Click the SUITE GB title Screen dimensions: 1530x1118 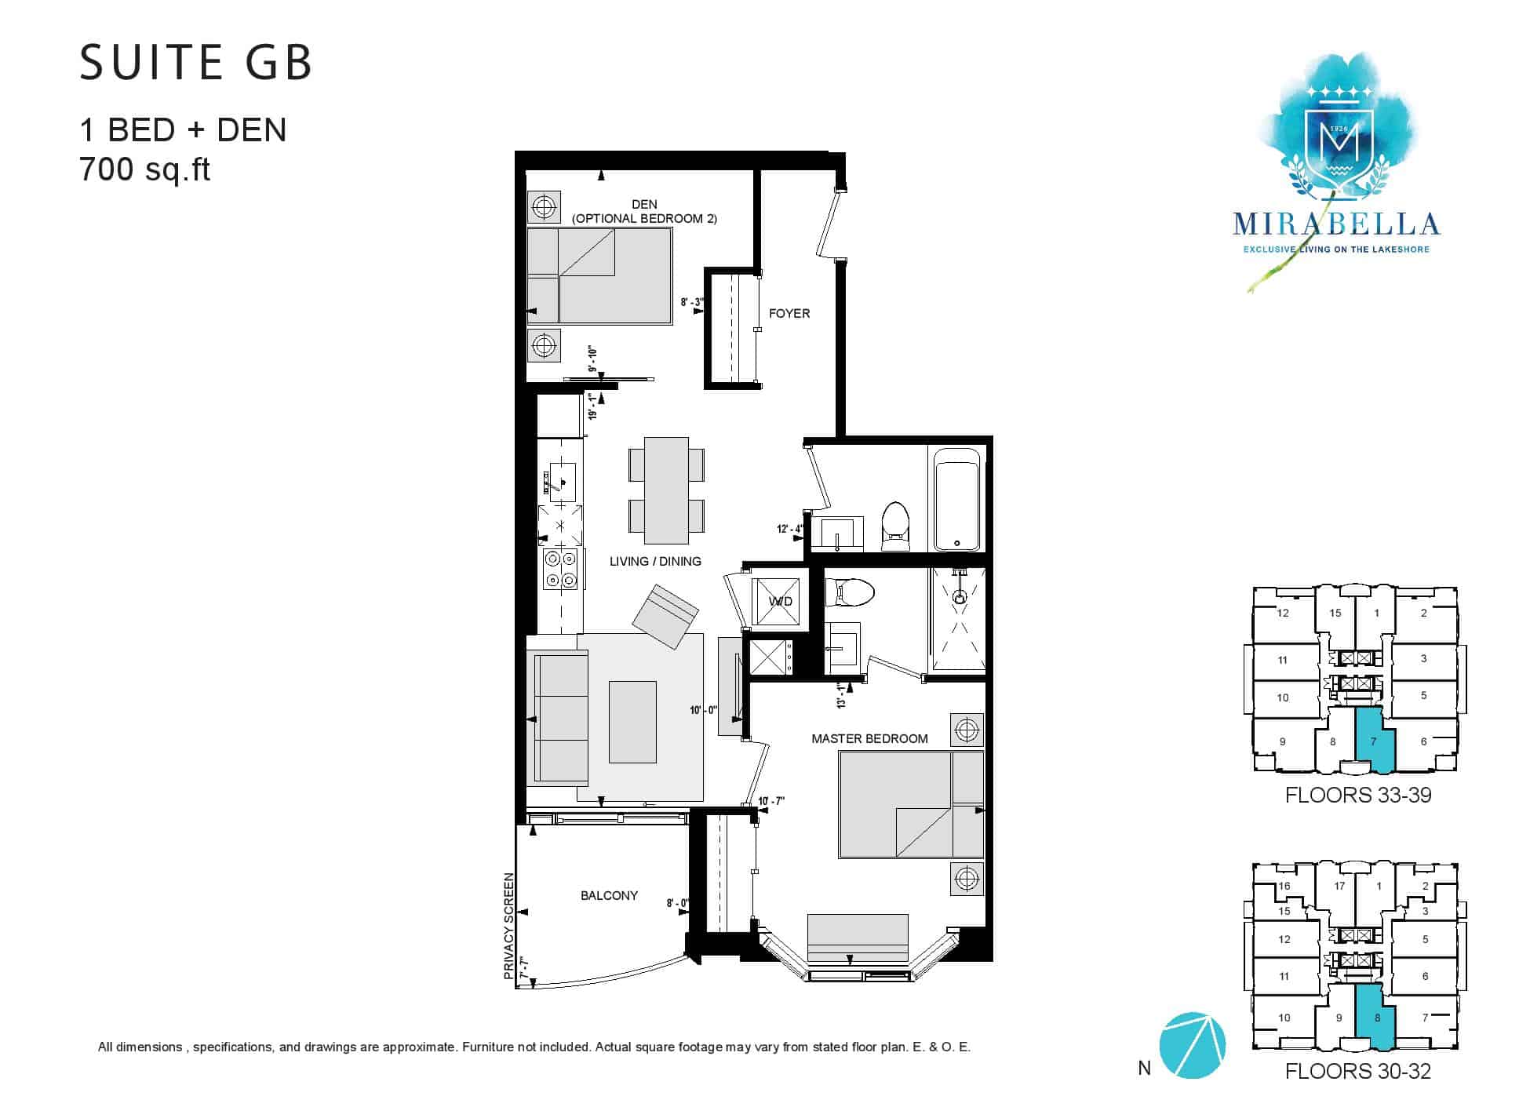196,63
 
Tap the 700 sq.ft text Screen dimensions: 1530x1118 145,169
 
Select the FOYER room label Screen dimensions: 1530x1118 789,314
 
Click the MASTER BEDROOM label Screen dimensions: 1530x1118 869,739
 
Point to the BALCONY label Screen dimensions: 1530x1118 609,896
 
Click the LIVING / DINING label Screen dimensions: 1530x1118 655,562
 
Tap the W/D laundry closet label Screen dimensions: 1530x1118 780,602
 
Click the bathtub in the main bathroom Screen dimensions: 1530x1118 956,498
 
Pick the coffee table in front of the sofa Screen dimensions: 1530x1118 632,722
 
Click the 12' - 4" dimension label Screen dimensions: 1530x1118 789,529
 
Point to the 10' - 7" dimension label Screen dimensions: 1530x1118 771,801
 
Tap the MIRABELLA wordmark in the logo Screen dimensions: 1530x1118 1336,225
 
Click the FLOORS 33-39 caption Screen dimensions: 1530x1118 1358,796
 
